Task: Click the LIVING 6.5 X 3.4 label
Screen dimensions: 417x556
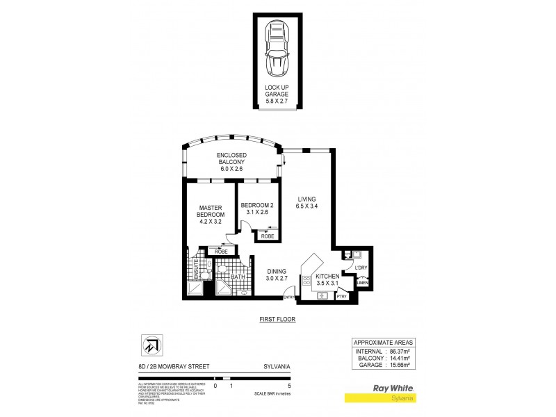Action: (306, 201)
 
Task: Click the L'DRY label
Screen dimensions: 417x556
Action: (361, 268)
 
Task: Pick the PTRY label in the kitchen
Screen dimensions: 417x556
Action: (342, 297)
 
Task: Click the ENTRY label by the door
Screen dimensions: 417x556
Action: (288, 298)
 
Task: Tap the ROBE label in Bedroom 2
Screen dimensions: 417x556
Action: (268, 237)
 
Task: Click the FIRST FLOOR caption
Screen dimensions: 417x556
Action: (277, 320)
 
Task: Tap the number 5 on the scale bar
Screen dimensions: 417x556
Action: (279, 385)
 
